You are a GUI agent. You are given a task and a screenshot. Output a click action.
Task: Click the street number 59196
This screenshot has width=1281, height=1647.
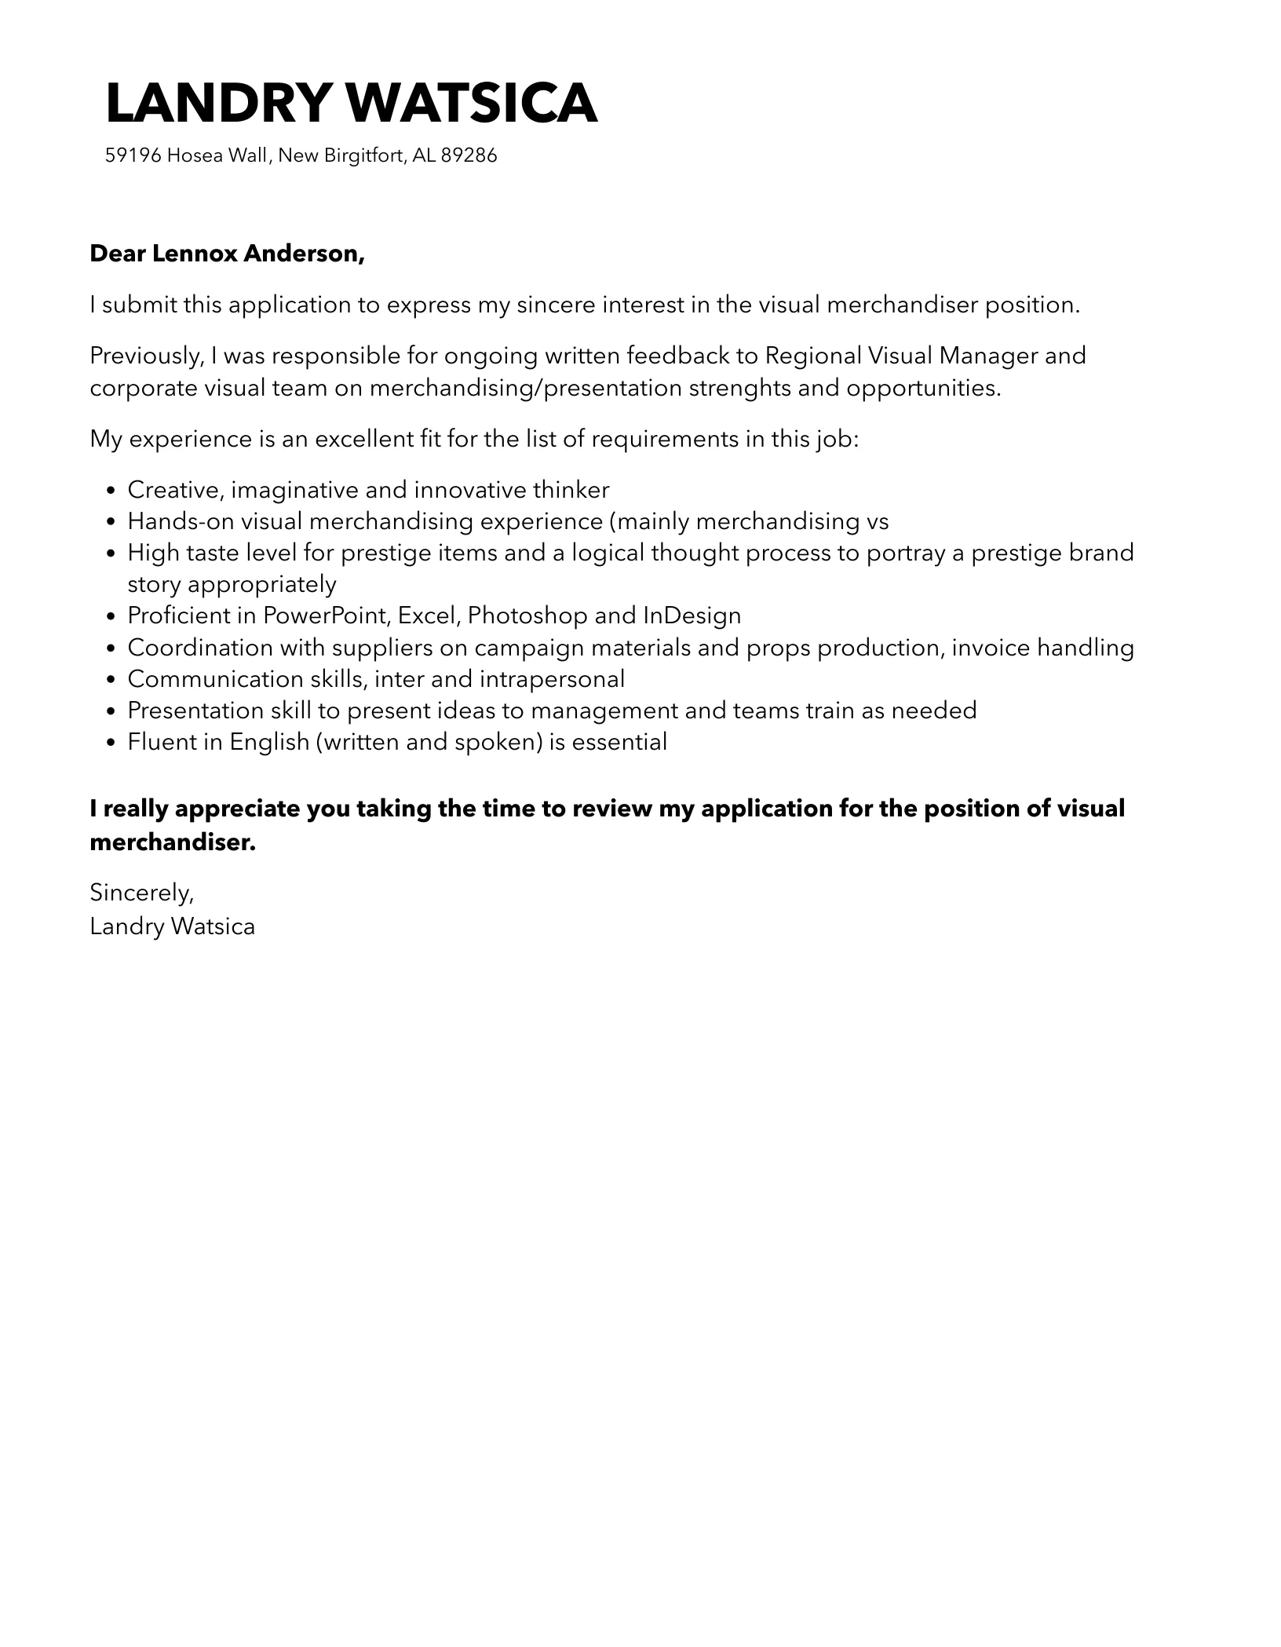[133, 155]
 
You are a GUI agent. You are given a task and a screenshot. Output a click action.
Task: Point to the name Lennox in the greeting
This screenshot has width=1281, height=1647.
[194, 254]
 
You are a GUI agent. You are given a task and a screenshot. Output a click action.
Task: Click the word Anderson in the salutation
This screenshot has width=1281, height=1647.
[305, 254]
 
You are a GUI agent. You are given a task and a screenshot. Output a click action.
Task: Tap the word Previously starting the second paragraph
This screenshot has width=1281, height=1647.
[147, 356]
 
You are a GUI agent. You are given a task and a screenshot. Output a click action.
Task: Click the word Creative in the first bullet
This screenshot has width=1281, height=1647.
[176, 490]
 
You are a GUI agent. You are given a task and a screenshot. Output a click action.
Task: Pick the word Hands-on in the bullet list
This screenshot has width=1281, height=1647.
[181, 521]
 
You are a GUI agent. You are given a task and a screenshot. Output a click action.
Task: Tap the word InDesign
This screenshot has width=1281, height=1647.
[692, 615]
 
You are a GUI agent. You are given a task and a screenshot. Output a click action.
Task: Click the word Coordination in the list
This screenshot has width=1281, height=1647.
[200, 648]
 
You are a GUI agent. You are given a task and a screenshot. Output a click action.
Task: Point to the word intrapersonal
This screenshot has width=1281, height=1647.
[552, 679]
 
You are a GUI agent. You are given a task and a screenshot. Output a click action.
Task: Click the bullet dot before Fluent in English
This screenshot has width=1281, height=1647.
[111, 743]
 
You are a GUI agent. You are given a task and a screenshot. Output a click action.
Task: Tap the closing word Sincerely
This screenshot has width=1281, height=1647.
[141, 893]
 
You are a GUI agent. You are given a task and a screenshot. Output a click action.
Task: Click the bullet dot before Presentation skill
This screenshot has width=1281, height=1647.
[111, 711]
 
